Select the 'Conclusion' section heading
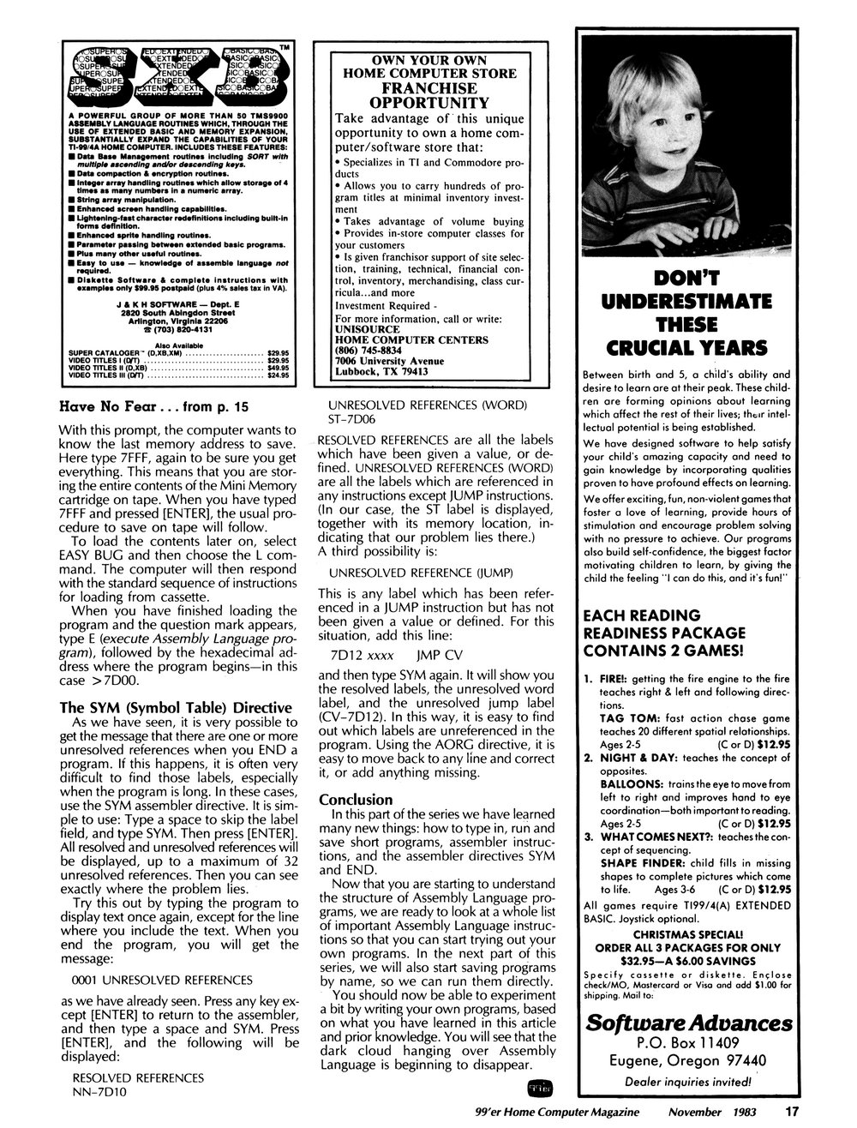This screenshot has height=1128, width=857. pos(357,800)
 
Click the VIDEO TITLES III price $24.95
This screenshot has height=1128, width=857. pos(279,375)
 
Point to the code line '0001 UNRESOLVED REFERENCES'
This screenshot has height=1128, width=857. pos(162,980)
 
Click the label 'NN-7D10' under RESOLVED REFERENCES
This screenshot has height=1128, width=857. pos(99,1093)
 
